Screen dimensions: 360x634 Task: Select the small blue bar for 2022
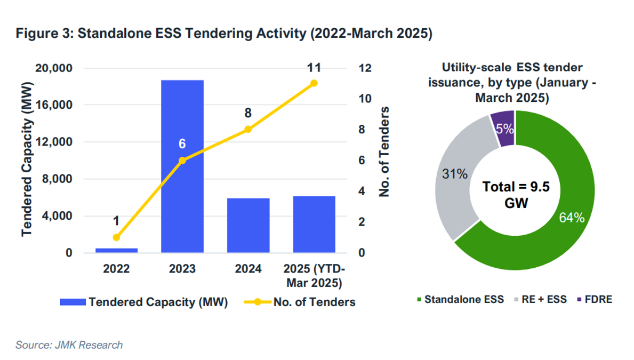(116, 250)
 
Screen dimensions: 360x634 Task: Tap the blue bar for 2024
(248, 225)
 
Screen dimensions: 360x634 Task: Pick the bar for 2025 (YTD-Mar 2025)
(314, 224)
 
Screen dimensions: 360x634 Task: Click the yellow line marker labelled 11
(314, 83)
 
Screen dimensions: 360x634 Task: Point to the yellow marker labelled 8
(248, 129)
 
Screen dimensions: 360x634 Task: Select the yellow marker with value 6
(182, 160)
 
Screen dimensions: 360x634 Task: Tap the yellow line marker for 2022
(116, 237)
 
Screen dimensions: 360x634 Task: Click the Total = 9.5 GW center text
(516, 194)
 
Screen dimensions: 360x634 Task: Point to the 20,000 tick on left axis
(53, 68)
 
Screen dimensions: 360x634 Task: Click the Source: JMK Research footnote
(69, 345)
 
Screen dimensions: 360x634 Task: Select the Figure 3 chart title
(223, 34)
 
